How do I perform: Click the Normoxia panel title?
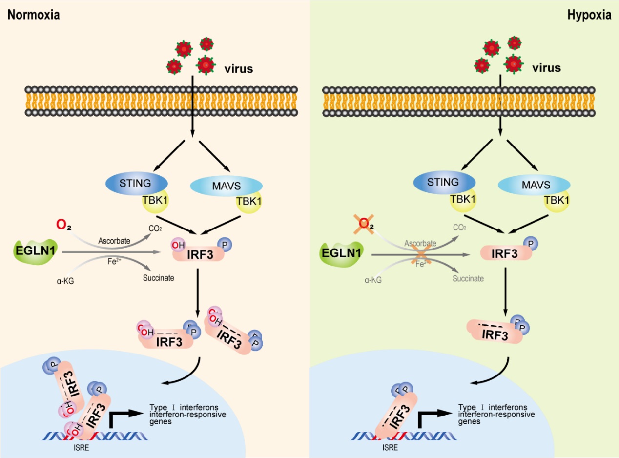(x=34, y=15)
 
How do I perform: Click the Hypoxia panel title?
(x=589, y=15)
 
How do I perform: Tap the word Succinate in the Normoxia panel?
(x=159, y=278)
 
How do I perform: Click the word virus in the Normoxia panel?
(x=239, y=69)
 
